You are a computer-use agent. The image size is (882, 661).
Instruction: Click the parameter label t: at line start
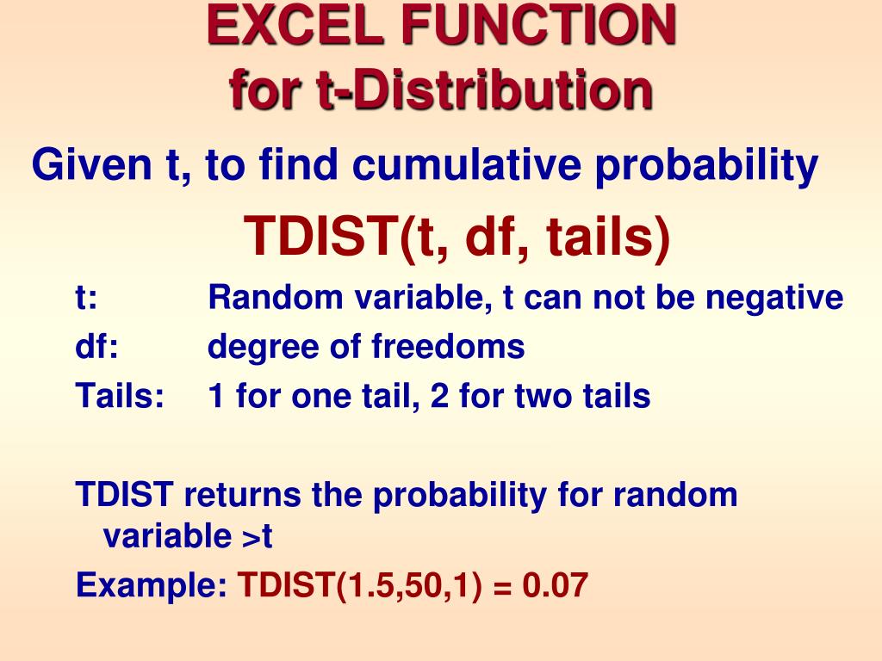(x=86, y=299)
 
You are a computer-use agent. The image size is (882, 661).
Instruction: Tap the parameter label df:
(x=96, y=347)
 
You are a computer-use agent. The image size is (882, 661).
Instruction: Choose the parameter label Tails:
(x=119, y=396)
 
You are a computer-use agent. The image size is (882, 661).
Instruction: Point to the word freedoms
(x=448, y=347)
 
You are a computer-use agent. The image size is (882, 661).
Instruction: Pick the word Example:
(x=152, y=586)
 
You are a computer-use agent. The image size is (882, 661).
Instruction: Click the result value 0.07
(x=556, y=585)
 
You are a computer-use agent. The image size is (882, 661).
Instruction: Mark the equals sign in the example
(x=504, y=586)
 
